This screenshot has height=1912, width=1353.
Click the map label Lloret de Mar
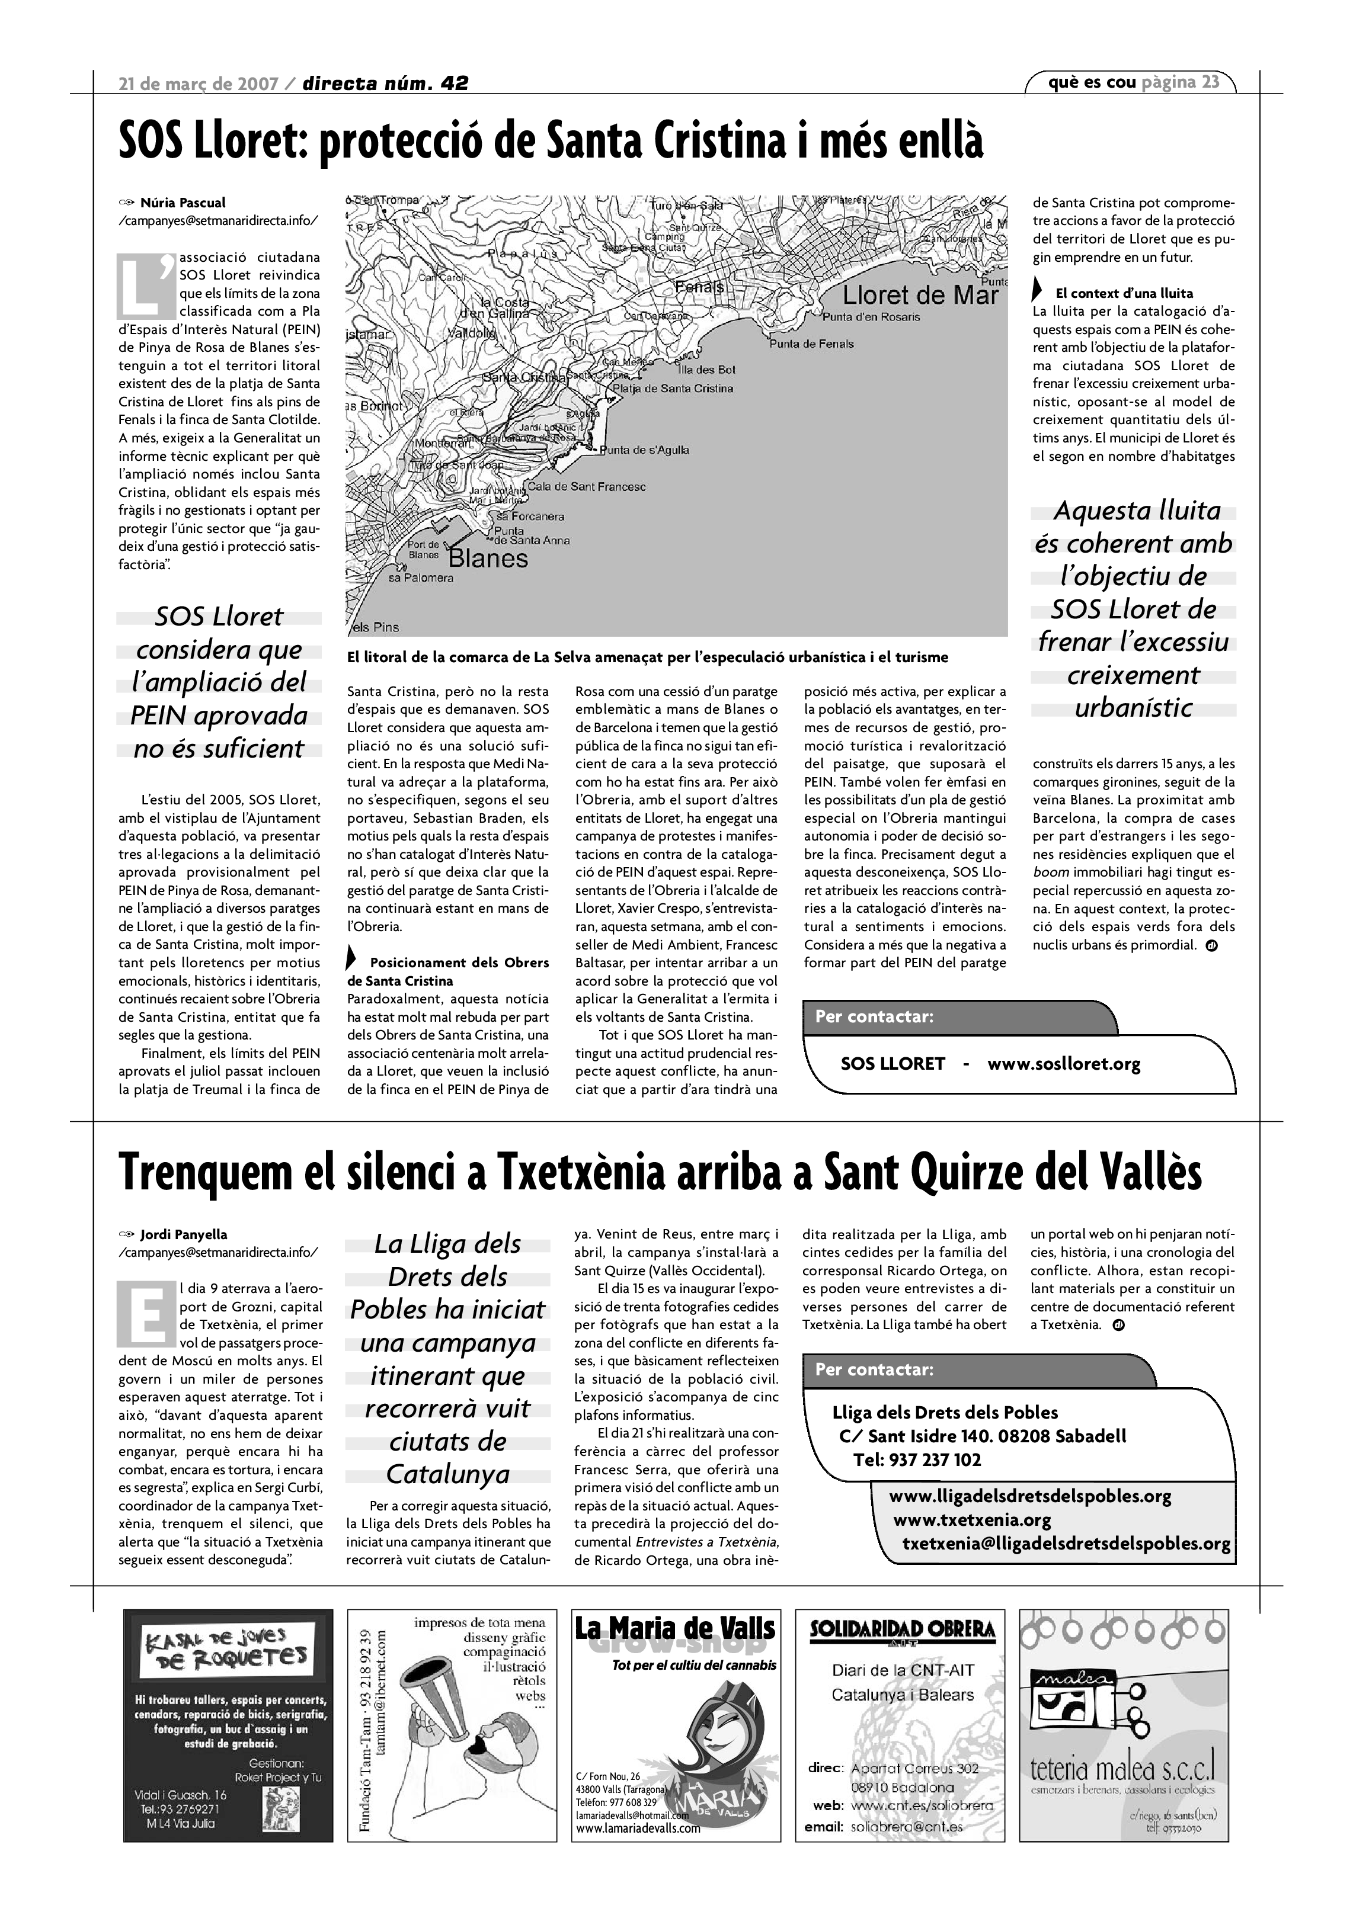(920, 295)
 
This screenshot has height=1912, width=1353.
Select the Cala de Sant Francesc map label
(587, 486)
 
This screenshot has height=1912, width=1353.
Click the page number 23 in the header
(1211, 82)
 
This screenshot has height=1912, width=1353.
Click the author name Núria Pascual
(183, 203)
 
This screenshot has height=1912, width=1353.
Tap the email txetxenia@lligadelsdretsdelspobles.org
(1066, 1543)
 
